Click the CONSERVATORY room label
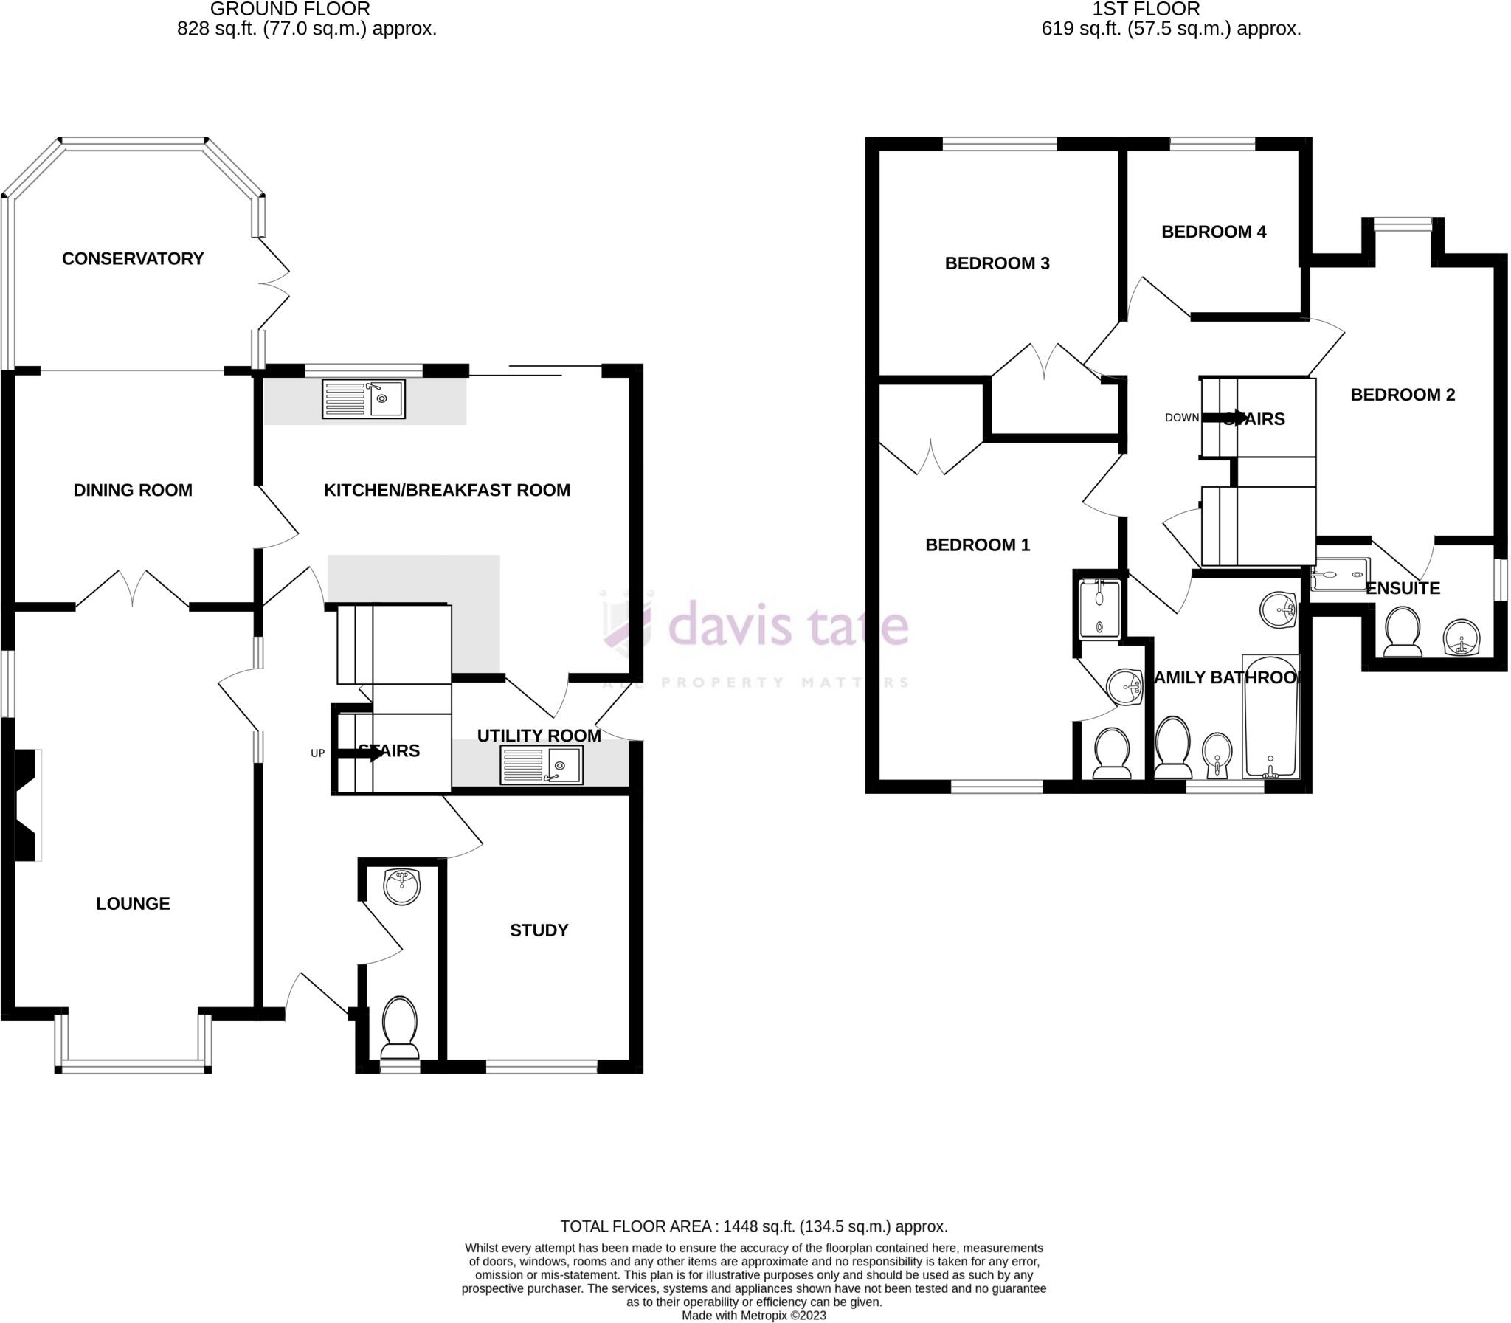133,258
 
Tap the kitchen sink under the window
363,398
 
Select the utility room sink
541,764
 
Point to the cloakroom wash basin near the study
402,886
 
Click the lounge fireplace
27,805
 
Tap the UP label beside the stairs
317,753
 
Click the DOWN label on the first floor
1181,418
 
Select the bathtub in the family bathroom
1271,716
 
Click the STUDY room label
539,930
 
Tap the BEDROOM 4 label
1214,232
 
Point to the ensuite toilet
1403,632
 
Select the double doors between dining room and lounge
133,590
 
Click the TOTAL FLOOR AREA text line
753,1226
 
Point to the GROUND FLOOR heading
290,10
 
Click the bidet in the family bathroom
1217,755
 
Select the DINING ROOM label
133,490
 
